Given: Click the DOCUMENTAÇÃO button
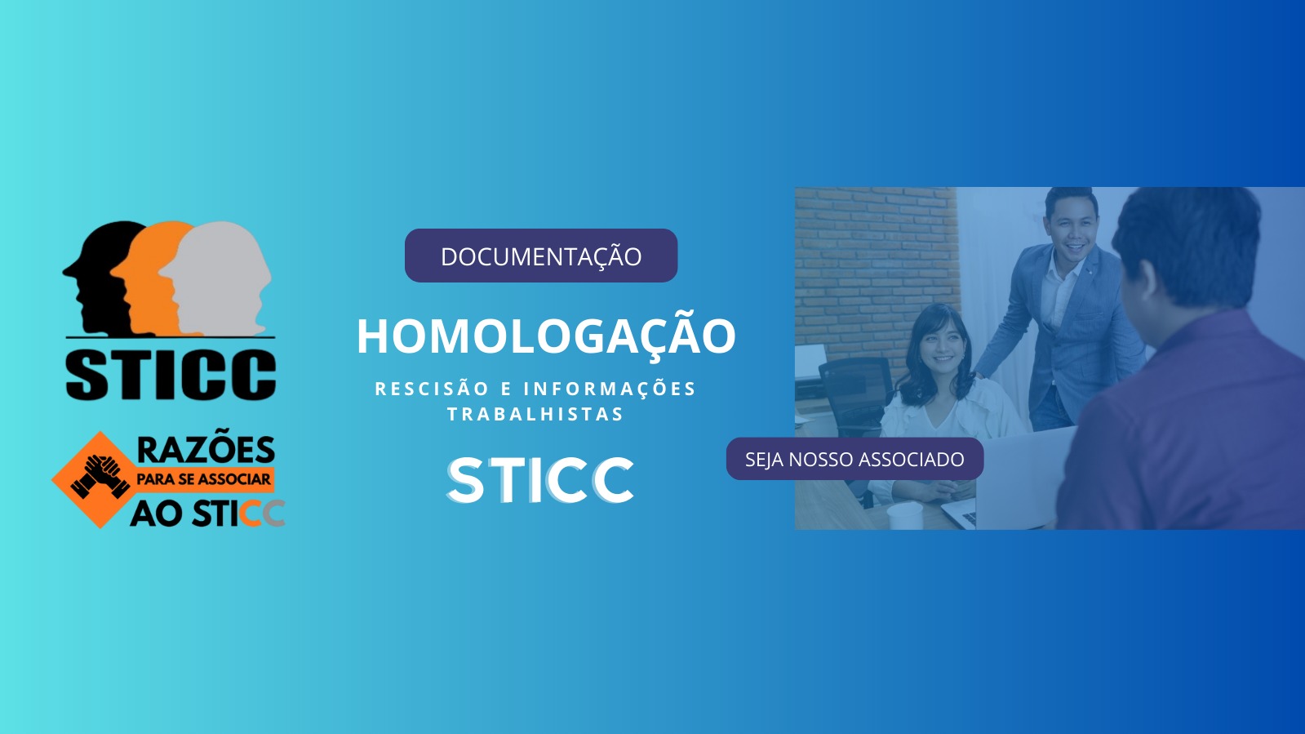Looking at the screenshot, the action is click(540, 256).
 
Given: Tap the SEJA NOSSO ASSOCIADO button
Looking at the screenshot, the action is click(854, 459).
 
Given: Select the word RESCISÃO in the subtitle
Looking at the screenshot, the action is click(432, 388).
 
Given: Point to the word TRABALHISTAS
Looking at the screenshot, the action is click(535, 414).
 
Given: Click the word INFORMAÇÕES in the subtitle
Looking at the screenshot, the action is click(610, 388).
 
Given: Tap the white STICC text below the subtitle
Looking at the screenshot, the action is click(540, 480).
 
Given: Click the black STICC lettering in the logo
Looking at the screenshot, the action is click(170, 374).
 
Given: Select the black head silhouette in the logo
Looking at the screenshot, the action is click(99, 277).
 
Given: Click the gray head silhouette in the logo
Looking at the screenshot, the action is click(219, 277).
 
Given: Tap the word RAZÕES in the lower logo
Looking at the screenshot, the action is click(206, 450).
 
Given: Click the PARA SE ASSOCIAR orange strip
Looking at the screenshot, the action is click(204, 479).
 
